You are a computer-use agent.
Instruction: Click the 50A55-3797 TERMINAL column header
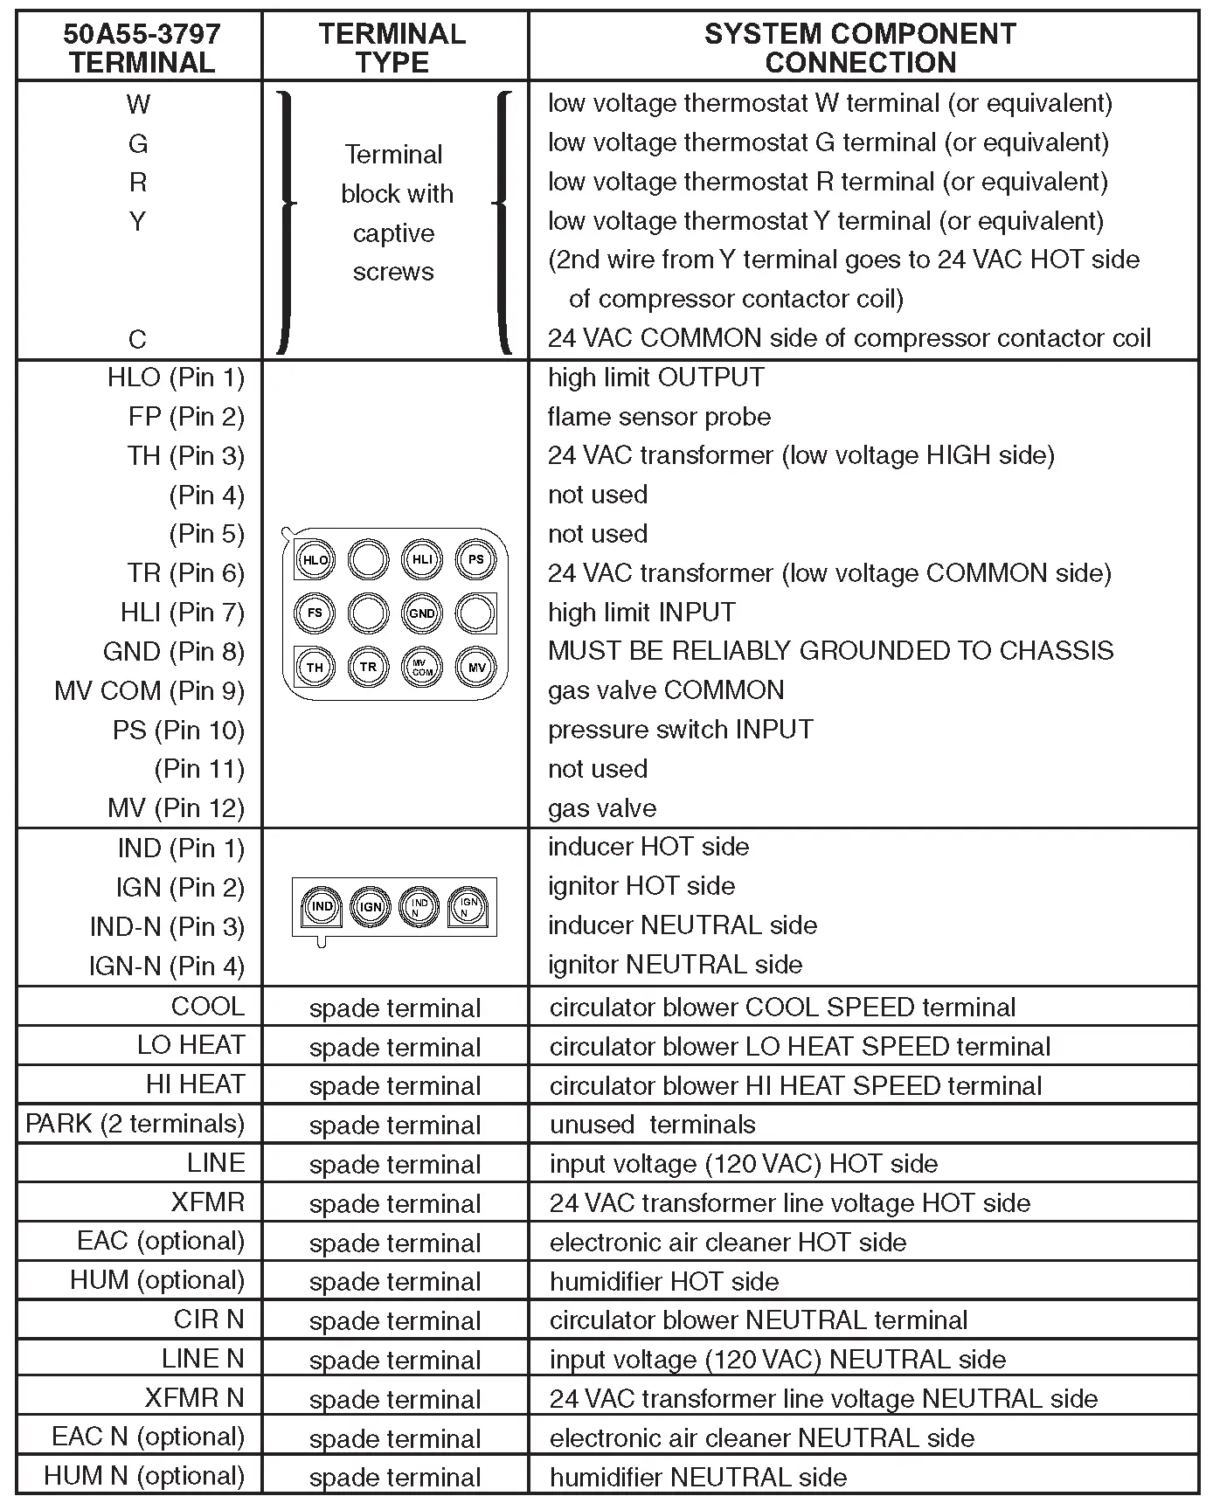click(x=142, y=48)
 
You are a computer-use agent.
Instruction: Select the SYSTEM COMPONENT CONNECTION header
click(x=860, y=48)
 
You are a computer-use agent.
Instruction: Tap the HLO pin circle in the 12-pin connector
click(x=315, y=560)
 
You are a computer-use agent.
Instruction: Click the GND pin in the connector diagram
click(x=422, y=613)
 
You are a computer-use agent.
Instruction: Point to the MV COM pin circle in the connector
click(x=422, y=668)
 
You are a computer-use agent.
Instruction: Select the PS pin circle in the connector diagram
click(x=476, y=559)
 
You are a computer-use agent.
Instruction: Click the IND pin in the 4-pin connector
click(x=322, y=906)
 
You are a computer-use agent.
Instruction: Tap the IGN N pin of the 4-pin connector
click(x=469, y=907)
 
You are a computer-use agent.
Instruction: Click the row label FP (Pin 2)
click(x=186, y=417)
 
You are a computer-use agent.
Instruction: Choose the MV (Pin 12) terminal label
click(x=176, y=808)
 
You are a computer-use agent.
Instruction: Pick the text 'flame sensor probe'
click(x=659, y=417)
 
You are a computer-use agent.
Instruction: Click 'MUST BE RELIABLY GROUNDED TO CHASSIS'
click(x=830, y=651)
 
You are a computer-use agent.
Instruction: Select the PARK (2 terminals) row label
click(x=135, y=1124)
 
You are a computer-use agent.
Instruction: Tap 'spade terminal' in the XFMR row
click(x=395, y=1204)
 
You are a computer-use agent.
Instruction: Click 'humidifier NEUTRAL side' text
click(x=698, y=1478)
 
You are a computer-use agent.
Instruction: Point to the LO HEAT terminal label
click(x=191, y=1045)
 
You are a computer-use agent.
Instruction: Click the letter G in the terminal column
click(x=138, y=143)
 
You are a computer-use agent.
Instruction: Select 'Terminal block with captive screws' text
click(x=395, y=213)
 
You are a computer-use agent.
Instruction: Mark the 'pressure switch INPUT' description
click(x=680, y=730)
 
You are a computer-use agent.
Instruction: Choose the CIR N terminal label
click(x=209, y=1320)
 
